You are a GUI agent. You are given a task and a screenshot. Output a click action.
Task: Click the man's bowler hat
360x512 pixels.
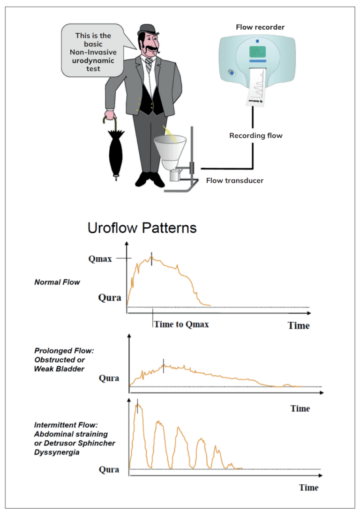148,30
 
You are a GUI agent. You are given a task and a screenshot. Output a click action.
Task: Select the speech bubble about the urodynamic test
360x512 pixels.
93,51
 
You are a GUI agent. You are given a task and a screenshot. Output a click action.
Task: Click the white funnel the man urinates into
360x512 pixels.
170,152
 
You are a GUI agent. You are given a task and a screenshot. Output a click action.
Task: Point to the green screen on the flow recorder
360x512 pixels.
257,52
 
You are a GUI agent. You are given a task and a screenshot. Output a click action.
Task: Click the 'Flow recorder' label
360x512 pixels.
260,27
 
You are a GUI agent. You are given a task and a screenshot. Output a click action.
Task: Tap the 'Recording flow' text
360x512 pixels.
256,135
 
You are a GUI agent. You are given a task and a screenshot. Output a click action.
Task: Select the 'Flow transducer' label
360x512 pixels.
234,180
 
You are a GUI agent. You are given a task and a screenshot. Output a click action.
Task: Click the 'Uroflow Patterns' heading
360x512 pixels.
142,228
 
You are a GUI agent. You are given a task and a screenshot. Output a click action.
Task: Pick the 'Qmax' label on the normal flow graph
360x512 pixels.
100,259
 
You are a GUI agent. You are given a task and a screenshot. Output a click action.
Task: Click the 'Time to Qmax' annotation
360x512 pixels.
181,324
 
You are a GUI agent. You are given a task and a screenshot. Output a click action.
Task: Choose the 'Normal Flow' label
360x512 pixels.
57,282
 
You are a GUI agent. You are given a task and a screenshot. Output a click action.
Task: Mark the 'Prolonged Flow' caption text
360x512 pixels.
64,351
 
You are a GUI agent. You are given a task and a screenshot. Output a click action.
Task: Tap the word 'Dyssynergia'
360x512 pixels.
57,452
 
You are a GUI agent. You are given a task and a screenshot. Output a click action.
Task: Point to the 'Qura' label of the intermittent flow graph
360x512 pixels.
109,469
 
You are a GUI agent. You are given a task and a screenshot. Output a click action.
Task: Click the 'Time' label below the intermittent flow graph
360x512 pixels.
309,488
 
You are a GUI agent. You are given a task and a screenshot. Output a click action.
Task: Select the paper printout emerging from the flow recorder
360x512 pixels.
256,87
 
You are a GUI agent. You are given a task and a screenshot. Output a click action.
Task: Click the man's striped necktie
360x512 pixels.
149,65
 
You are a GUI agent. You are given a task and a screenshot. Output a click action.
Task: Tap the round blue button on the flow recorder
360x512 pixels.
232,73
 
